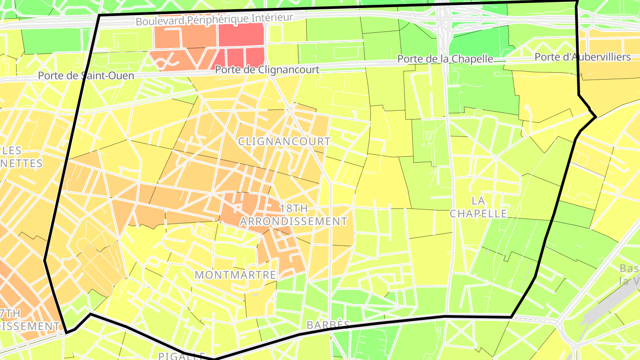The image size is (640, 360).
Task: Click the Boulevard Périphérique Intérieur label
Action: point(215,20)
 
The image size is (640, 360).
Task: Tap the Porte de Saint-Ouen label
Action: point(86,76)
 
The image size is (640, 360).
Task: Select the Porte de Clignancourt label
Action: point(267,70)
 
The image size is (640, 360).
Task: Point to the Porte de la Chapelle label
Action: point(445,59)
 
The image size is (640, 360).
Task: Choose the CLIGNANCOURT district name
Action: point(284,141)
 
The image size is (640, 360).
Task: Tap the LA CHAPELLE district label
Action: point(478,207)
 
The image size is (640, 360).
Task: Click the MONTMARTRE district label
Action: point(236,275)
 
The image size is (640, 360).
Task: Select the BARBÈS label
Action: point(328,324)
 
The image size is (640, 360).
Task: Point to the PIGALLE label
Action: point(182,356)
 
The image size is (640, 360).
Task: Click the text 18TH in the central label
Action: point(294,208)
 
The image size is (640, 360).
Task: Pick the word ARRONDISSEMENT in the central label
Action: point(294,221)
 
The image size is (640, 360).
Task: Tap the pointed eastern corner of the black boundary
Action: point(596,117)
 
